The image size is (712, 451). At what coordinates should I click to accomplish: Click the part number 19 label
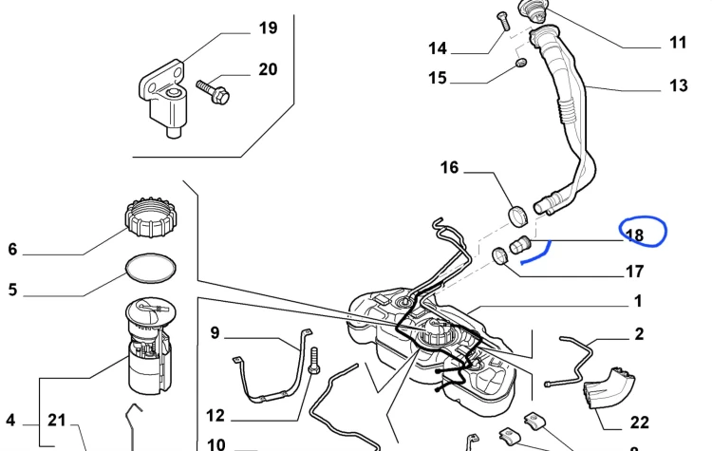coord(268,28)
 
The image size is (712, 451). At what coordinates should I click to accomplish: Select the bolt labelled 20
coord(213,92)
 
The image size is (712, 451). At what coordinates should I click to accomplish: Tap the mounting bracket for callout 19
coord(163,98)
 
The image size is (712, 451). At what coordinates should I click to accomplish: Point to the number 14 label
coord(438,48)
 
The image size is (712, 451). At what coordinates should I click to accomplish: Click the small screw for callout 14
coord(502,21)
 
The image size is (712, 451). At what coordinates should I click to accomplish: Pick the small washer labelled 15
coord(521,63)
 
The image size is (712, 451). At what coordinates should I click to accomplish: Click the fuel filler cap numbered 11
coord(534,10)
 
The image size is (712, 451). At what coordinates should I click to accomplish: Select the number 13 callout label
coord(679,85)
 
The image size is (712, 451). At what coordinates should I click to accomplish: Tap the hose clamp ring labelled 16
coord(517,216)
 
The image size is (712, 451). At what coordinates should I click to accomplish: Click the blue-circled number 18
coord(634,235)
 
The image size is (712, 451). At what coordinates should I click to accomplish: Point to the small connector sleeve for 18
coord(520,245)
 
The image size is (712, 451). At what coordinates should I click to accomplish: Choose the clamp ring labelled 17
coord(500,255)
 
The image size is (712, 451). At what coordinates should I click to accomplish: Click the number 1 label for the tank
coord(638,301)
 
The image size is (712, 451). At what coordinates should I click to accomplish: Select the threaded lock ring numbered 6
coord(150,217)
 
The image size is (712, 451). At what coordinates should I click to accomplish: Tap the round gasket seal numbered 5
coord(150,268)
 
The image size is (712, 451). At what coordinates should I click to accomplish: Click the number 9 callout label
coord(215,333)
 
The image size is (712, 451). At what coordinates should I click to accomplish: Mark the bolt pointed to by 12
coord(314,361)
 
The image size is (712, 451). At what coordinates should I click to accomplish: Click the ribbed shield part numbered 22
coord(609,388)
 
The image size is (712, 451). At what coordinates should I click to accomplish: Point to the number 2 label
coord(639,334)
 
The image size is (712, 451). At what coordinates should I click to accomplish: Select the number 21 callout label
coord(57,420)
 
